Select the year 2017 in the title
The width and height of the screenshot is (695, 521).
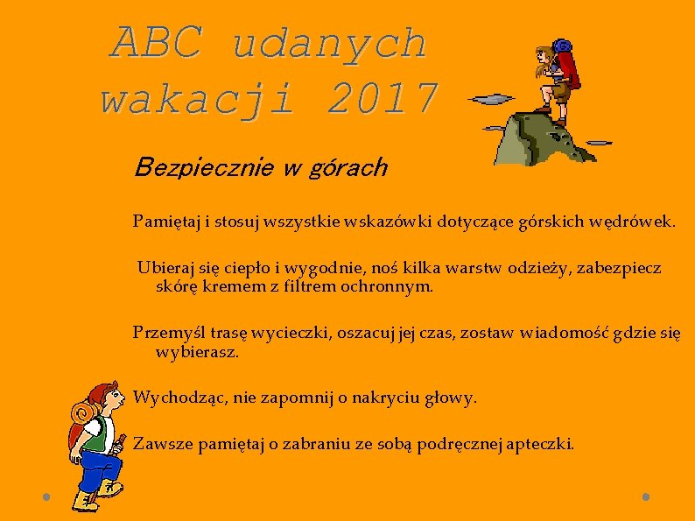[382, 99]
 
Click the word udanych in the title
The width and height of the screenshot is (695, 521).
[330, 43]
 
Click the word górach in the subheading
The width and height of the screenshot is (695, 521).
[347, 169]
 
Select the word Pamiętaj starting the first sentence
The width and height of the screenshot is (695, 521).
[165, 220]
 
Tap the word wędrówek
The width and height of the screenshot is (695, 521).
[638, 220]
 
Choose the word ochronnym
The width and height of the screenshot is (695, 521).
[389, 286]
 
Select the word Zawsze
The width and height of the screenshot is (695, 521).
[164, 445]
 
